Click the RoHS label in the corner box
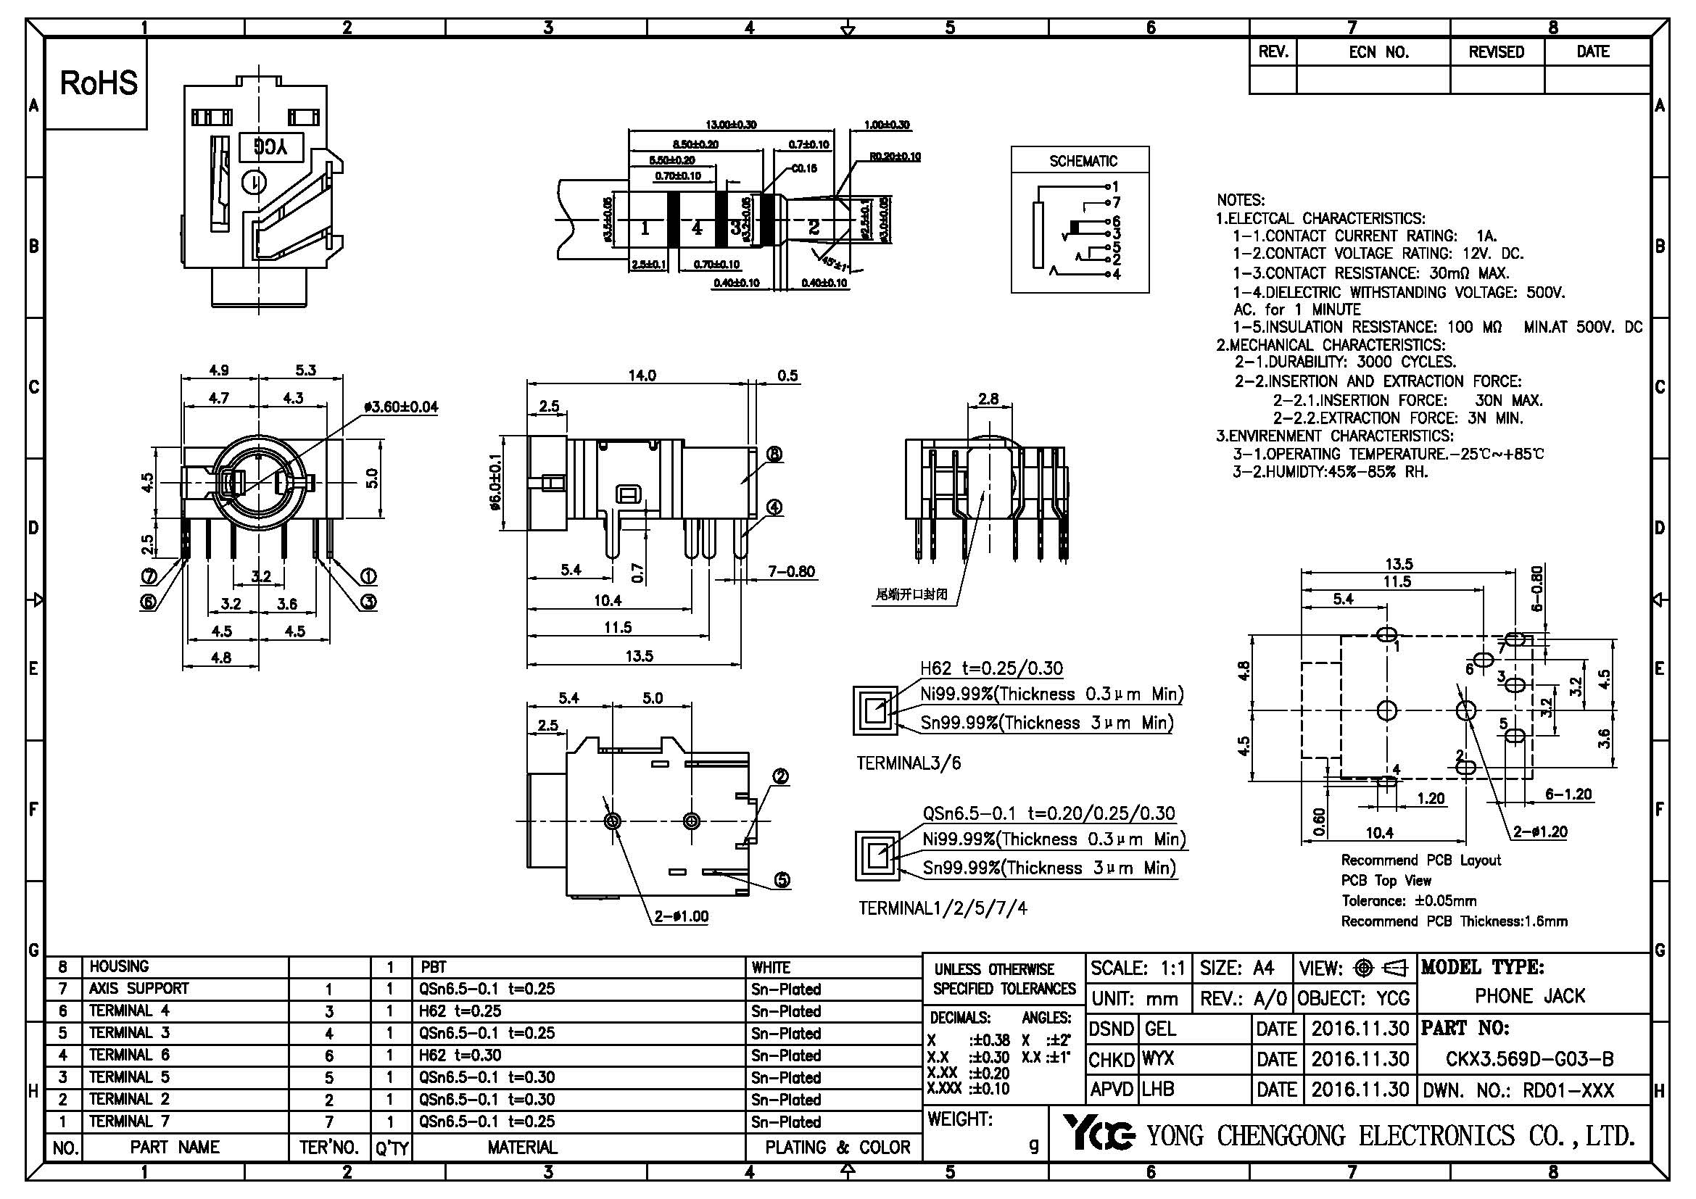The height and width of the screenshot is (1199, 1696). coord(98,83)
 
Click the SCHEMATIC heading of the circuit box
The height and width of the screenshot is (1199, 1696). coord(1083,161)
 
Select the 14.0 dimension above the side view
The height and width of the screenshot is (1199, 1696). coord(641,375)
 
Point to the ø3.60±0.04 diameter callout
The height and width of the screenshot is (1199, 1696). coord(401,407)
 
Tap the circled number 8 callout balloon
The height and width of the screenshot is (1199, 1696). coord(774,454)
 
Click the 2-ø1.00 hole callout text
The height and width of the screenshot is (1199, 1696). coord(681,916)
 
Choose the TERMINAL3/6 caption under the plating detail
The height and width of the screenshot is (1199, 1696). coord(909,763)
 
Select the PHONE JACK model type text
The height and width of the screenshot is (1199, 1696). coord(1530,996)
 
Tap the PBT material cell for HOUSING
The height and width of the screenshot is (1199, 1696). coord(434,967)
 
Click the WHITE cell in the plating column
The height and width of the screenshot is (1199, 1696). coord(772,967)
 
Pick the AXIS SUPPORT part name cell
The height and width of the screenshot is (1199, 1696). coord(139,989)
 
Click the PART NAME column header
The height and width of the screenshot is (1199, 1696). coord(175,1147)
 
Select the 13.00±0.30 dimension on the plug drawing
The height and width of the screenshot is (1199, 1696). coord(732,125)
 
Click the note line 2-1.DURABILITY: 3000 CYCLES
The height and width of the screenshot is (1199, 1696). coord(1345,362)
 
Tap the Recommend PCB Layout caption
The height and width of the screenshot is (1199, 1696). coord(1420,860)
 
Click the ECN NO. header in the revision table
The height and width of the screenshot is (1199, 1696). coord(1378,52)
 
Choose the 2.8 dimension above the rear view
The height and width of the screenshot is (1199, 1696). coord(988,399)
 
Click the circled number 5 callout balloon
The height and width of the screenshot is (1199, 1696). coord(782,879)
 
